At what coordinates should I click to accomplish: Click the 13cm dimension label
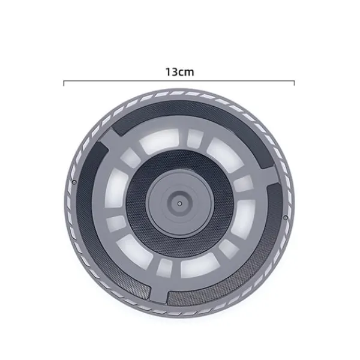pyautogui.click(x=180, y=72)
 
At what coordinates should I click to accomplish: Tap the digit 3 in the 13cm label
pyautogui.click(x=174, y=72)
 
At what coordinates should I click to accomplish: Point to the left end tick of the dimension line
pyautogui.click(x=64, y=83)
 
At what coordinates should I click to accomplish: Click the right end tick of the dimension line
pyautogui.click(x=295, y=83)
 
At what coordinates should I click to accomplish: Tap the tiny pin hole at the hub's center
pyautogui.click(x=179, y=203)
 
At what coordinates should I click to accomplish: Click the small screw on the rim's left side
pyautogui.click(x=74, y=182)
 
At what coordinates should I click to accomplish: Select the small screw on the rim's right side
pyautogui.click(x=286, y=217)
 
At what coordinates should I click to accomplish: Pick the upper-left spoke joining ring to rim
pyautogui.click(x=108, y=140)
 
